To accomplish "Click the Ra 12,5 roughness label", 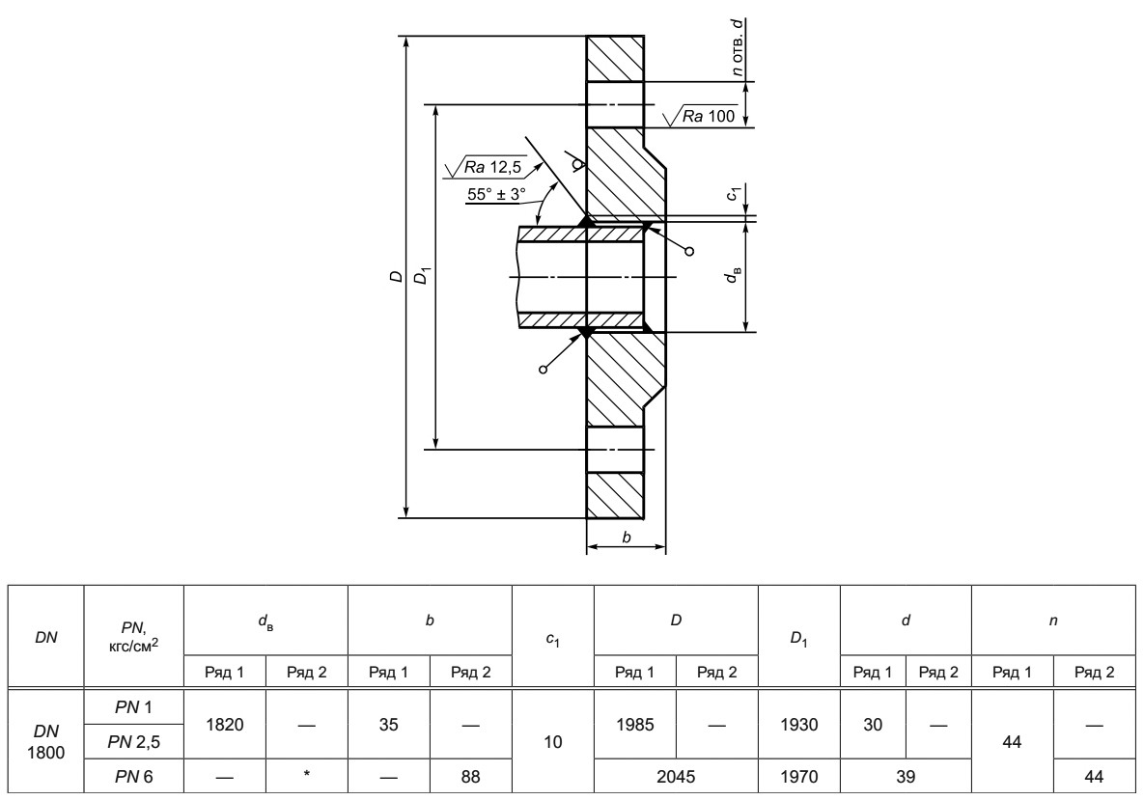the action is (492, 167).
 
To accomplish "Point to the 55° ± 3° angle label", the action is (496, 195).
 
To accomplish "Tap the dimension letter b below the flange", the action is (626, 538).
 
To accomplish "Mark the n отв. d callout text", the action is (739, 47).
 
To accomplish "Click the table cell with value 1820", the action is (225, 725).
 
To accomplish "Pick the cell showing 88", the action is (470, 777).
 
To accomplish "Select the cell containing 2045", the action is (676, 777).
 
